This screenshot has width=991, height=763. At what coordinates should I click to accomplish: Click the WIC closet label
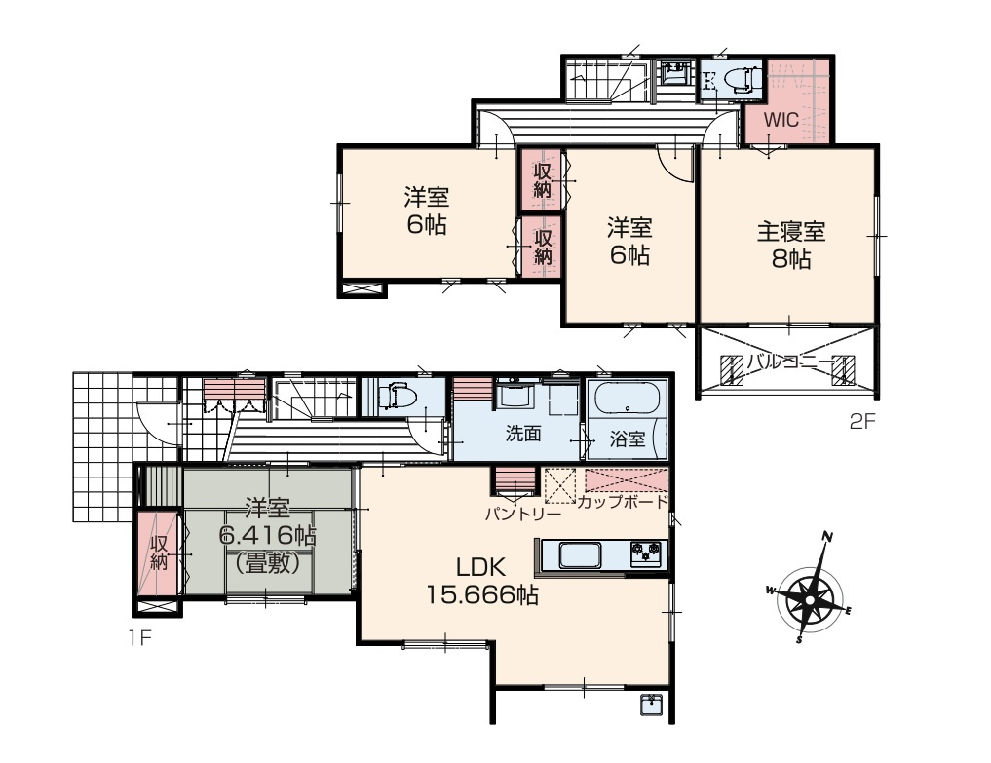(x=781, y=120)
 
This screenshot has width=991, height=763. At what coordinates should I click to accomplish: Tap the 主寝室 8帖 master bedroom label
(x=791, y=246)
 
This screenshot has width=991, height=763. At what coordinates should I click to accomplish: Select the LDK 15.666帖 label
(x=482, y=582)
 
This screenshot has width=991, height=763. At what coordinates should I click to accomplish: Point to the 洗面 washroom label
(x=523, y=433)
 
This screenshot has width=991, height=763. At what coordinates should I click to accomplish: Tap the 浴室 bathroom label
(x=627, y=439)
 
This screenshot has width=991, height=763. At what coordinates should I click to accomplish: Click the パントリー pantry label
(x=522, y=514)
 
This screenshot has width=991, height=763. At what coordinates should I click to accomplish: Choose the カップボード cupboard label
(x=623, y=502)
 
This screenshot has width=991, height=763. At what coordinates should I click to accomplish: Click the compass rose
(x=810, y=590)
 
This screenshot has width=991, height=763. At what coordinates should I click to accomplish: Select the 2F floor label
(x=862, y=422)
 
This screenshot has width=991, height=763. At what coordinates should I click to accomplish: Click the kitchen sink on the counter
(x=581, y=555)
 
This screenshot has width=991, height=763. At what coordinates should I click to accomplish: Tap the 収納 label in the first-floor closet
(x=158, y=553)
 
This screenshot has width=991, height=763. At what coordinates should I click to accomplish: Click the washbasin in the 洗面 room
(x=514, y=395)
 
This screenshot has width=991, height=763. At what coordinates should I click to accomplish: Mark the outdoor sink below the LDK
(x=651, y=705)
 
